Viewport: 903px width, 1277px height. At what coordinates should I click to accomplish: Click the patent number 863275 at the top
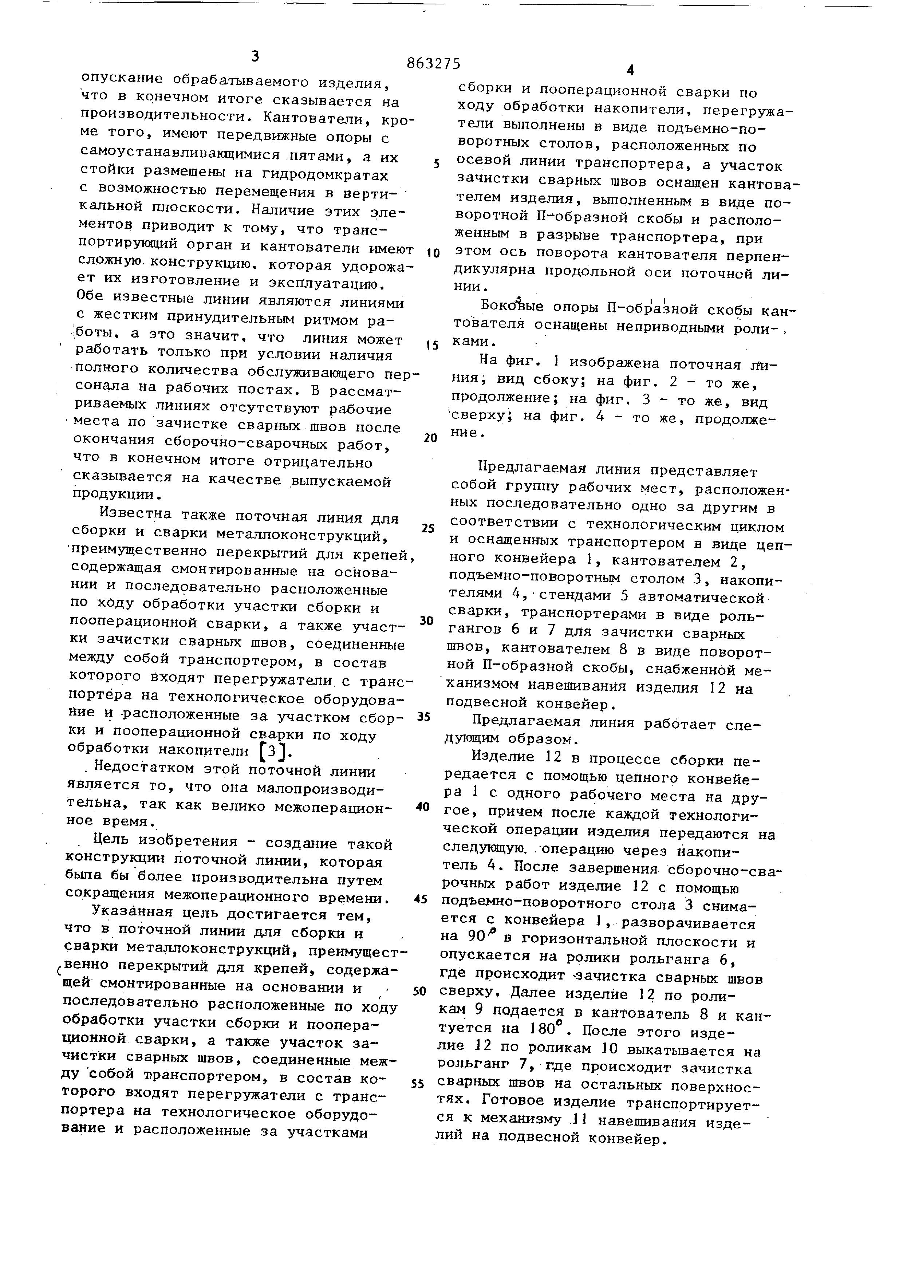pos(433,64)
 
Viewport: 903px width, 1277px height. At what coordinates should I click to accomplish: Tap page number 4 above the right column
pos(630,70)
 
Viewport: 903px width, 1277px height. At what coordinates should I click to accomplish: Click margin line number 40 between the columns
pos(423,807)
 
